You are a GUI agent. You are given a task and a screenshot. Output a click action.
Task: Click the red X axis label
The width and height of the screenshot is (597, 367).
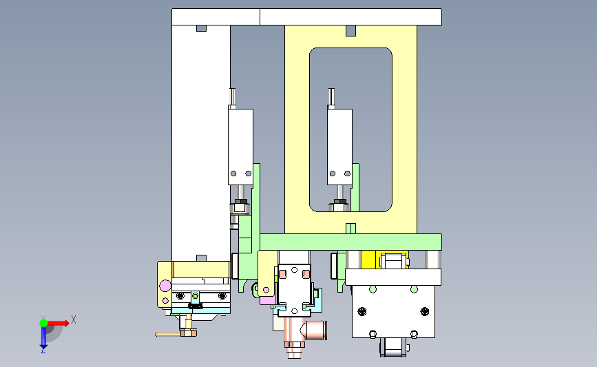pos(74,319)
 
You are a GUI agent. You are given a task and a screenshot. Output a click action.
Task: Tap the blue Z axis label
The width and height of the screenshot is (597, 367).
pos(43,351)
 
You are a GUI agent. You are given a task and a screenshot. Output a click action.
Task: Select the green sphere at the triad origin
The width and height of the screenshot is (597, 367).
pos(43,323)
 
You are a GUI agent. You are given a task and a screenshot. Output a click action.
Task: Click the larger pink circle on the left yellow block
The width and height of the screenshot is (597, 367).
pos(165,286)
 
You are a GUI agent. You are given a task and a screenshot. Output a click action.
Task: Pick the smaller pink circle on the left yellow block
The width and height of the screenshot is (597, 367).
pos(165,301)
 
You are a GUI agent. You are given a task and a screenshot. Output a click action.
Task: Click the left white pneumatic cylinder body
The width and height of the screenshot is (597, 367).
pos(240,147)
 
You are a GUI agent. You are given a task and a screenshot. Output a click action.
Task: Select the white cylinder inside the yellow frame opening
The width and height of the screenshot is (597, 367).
pos(339,147)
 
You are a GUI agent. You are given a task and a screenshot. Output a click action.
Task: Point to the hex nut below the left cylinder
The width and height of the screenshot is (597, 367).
pos(240,206)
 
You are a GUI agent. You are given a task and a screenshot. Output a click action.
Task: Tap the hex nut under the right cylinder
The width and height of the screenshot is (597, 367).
pos(339,206)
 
